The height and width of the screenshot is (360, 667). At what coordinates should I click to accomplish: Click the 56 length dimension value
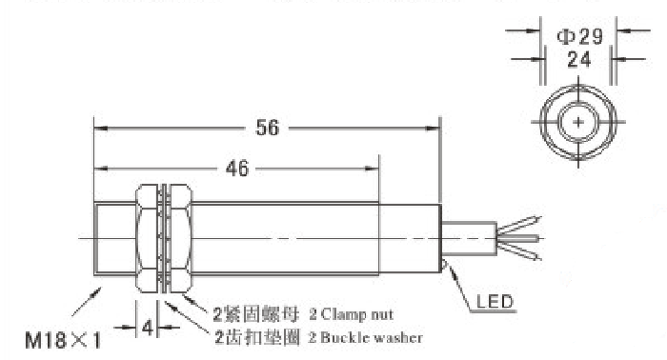click(267, 128)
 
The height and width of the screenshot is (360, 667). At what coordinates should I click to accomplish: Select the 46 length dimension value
click(237, 169)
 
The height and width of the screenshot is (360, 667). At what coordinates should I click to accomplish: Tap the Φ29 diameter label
click(579, 36)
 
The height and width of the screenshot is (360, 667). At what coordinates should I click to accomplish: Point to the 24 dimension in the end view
click(579, 59)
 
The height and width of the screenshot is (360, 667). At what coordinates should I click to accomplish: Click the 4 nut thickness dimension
click(147, 328)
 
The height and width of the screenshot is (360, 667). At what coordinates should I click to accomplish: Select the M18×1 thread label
click(64, 340)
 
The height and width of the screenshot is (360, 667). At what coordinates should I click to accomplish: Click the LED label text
click(495, 301)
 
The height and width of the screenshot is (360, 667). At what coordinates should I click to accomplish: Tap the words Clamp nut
click(357, 314)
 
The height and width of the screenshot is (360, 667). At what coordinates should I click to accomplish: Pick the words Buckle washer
click(371, 337)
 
